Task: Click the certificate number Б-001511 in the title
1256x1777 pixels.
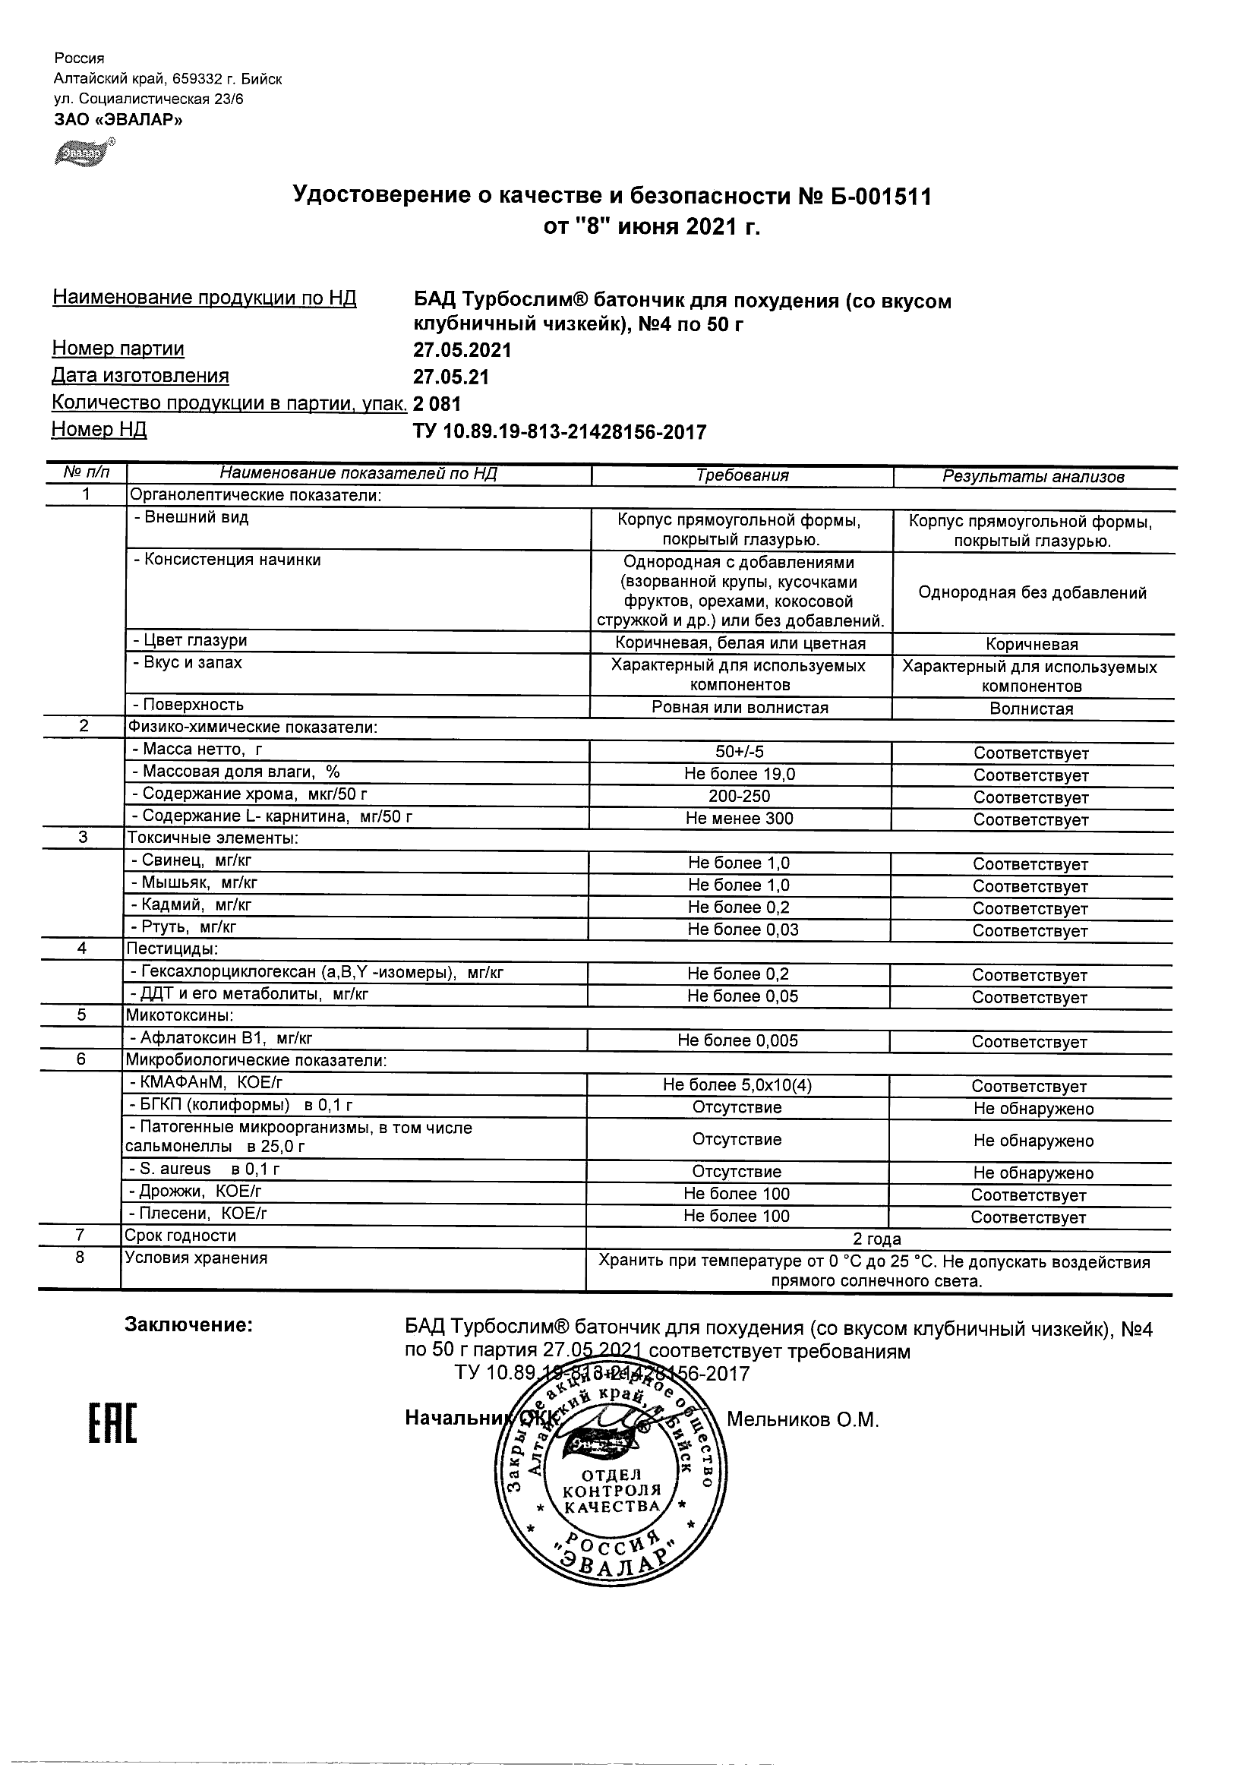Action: [882, 197]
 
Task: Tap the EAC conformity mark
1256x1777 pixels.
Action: [112, 1423]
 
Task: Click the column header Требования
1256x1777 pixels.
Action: [741, 475]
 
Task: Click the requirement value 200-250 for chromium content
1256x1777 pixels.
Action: [739, 796]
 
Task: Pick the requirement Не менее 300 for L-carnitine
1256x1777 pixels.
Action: [739, 818]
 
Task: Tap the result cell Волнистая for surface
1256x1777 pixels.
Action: [1031, 709]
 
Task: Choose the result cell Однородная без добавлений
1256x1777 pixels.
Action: [1032, 593]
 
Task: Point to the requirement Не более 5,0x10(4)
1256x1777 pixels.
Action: [737, 1085]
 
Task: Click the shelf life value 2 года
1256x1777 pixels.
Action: [877, 1239]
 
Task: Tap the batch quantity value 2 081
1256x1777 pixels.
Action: [437, 403]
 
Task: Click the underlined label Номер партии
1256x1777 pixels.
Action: [118, 349]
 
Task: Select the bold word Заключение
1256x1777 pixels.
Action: [188, 1325]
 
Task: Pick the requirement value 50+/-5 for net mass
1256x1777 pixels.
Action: [740, 752]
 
